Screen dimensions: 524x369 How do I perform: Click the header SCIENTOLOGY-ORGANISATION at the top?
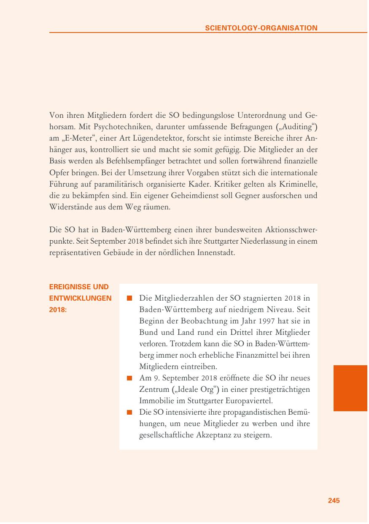pos(261,28)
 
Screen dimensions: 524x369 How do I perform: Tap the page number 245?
pos(334,500)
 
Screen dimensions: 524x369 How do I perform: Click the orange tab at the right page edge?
pos(350,388)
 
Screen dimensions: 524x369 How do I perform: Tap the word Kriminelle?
pos(299,185)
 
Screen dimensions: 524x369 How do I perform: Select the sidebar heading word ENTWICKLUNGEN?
pos(80,298)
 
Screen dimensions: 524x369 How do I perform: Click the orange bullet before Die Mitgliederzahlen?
pos(130,299)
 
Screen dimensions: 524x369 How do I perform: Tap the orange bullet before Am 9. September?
pos(130,378)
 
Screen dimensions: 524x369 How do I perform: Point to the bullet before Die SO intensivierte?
pos(130,412)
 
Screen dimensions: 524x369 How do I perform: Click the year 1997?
pos(261,321)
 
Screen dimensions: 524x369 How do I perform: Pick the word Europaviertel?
pos(246,401)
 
